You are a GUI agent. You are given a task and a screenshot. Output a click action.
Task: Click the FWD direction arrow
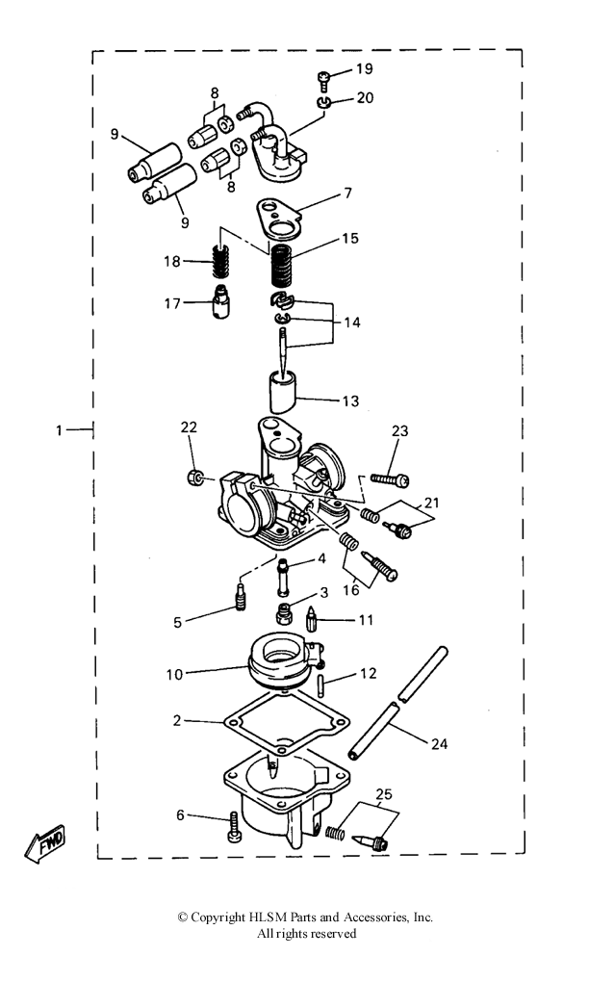point(45,842)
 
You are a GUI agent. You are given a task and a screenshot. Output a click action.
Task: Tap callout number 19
point(365,68)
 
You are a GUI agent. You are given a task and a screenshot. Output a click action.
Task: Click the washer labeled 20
point(323,103)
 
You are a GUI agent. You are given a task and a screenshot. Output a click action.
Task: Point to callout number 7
point(347,194)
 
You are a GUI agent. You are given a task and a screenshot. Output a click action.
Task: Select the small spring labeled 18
point(218,261)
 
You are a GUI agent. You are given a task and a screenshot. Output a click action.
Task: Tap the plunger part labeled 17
point(219,302)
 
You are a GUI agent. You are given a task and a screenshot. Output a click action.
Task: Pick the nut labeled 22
point(194,479)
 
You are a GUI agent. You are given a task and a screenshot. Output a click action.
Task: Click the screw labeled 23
point(390,479)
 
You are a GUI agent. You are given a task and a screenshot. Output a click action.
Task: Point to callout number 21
point(432,503)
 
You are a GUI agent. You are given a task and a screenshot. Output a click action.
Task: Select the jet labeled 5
point(241,596)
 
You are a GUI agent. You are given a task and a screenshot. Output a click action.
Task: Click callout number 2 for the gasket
point(177,721)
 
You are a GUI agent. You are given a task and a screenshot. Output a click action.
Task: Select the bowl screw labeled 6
point(234,827)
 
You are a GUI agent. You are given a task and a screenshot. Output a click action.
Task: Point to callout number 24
point(440,743)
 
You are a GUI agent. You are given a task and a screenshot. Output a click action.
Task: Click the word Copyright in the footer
point(218,917)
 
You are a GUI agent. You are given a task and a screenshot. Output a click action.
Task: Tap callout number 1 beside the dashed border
point(59,430)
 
